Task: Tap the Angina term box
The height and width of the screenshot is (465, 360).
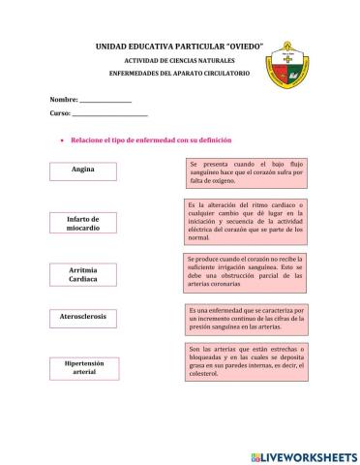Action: (x=83, y=170)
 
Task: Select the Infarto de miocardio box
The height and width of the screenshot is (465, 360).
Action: (x=83, y=224)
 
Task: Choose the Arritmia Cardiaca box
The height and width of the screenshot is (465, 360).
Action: (x=83, y=273)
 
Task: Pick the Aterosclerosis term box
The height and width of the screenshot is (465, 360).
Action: (x=83, y=317)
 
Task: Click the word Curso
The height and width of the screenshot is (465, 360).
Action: (x=60, y=113)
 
